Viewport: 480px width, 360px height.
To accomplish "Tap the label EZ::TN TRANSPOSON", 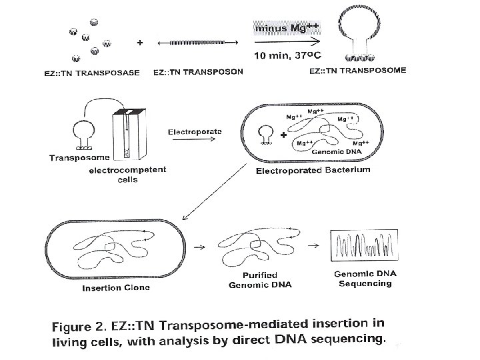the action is (x=199, y=71).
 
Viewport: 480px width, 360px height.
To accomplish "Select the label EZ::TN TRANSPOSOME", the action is (x=358, y=69).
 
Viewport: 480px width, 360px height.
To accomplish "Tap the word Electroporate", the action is (x=194, y=131).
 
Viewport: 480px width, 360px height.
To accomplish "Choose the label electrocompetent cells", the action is (x=128, y=174).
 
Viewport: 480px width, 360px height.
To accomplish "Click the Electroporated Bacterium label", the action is (x=313, y=171).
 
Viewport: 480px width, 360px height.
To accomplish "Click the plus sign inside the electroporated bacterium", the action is (x=285, y=135).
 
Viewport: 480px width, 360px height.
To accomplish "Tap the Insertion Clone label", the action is (x=116, y=288).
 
